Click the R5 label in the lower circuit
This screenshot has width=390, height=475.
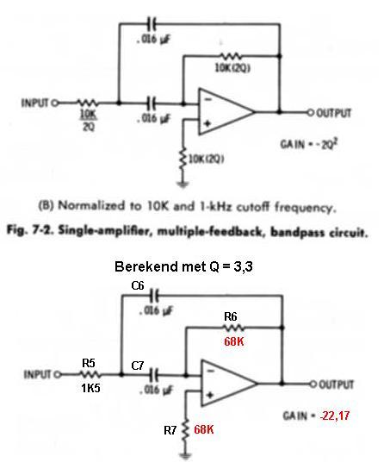tap(89, 363)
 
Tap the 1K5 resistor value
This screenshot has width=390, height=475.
tap(90, 388)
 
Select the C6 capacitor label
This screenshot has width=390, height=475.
tap(138, 285)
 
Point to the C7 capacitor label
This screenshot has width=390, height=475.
tap(138, 366)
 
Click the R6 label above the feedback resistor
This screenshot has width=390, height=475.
tap(230, 317)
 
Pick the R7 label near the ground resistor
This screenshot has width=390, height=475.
tap(170, 430)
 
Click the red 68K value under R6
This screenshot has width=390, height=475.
tap(234, 341)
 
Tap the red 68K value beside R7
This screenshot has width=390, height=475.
tap(204, 429)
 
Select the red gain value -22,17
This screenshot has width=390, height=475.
tap(335, 416)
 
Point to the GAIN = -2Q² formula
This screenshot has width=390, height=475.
tap(309, 144)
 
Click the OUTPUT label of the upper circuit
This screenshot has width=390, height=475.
tap(334, 113)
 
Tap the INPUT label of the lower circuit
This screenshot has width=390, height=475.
tap(37, 375)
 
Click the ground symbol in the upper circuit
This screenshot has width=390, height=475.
tap(183, 184)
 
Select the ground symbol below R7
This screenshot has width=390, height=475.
tap(185, 456)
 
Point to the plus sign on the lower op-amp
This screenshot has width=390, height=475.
tap(210, 395)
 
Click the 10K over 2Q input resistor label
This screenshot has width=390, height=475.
tap(89, 121)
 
